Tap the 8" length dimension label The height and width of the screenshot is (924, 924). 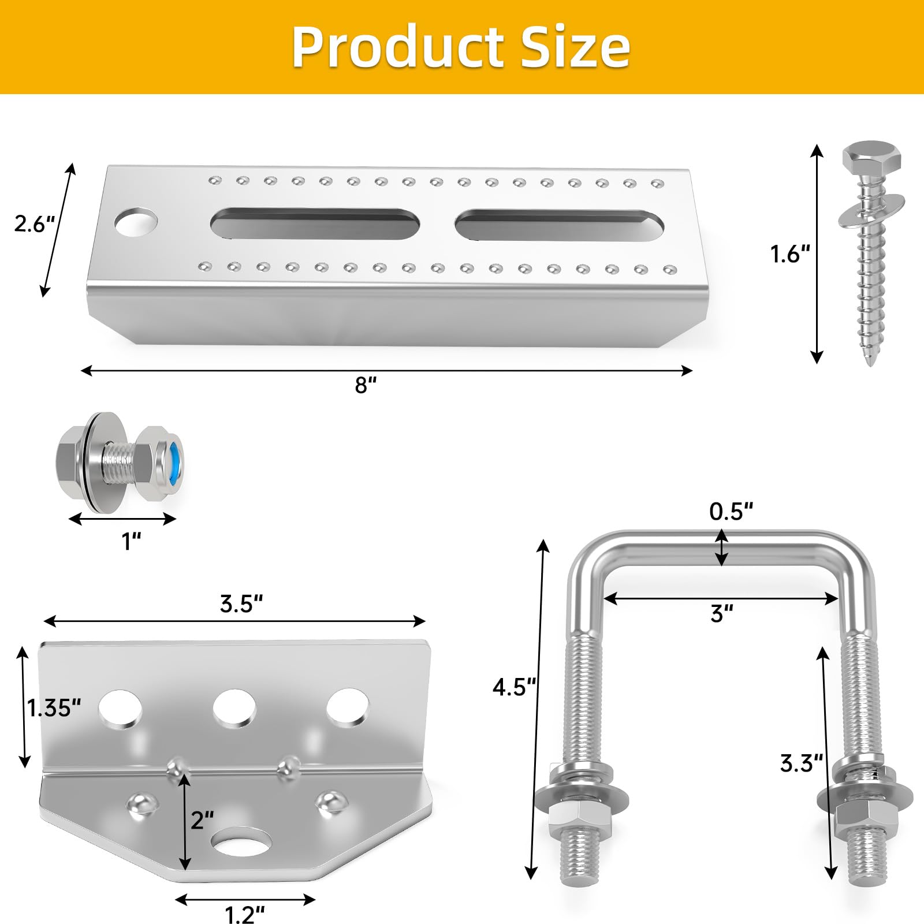point(366,385)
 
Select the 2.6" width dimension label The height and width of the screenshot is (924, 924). point(34,224)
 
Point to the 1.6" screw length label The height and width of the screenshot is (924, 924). point(789,254)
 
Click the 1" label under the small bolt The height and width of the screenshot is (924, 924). point(132,542)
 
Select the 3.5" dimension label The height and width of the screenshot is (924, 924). point(241,604)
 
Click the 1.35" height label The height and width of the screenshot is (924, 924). point(54,708)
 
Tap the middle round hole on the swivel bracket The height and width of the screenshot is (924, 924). point(234,707)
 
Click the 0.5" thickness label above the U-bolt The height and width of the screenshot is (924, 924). point(731,512)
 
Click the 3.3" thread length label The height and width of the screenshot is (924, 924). point(801,763)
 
